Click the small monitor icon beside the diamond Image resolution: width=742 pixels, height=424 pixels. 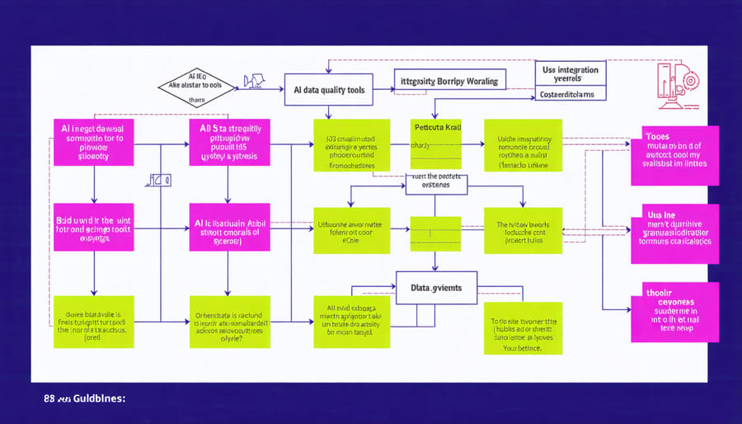[x=253, y=82]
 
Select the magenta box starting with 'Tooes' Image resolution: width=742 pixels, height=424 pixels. [x=674, y=149]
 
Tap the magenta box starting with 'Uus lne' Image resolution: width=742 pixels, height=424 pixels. [x=674, y=230]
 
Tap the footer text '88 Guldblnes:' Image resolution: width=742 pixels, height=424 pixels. [x=80, y=398]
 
